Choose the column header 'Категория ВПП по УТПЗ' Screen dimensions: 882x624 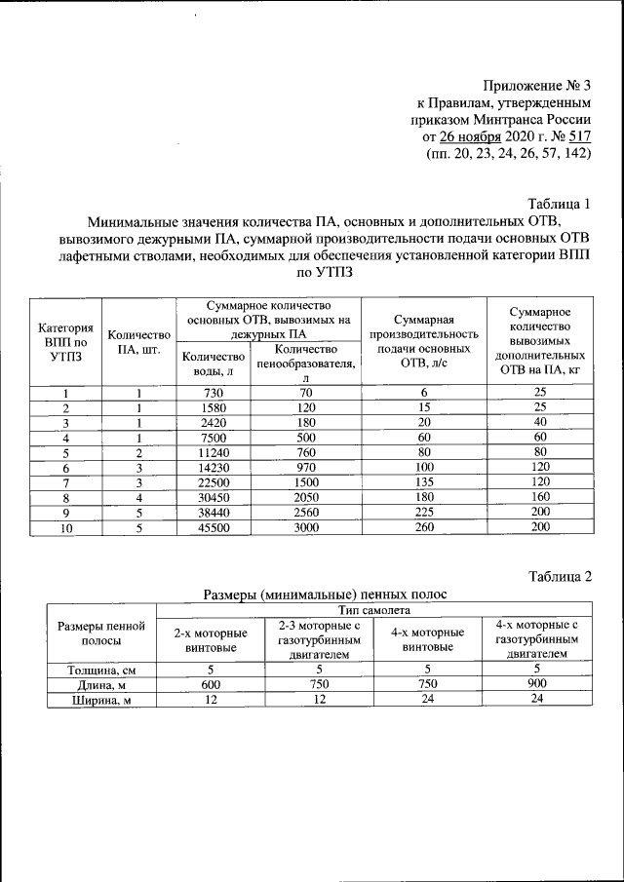[x=65, y=342]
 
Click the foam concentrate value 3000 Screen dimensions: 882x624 [x=305, y=527]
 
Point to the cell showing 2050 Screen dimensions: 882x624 [x=305, y=497]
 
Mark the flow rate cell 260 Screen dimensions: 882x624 [x=423, y=527]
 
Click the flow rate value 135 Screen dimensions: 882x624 [x=423, y=482]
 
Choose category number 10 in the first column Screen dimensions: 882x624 [x=65, y=527]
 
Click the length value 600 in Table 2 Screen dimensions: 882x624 [x=211, y=684]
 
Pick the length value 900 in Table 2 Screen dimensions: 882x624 [x=536, y=684]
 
